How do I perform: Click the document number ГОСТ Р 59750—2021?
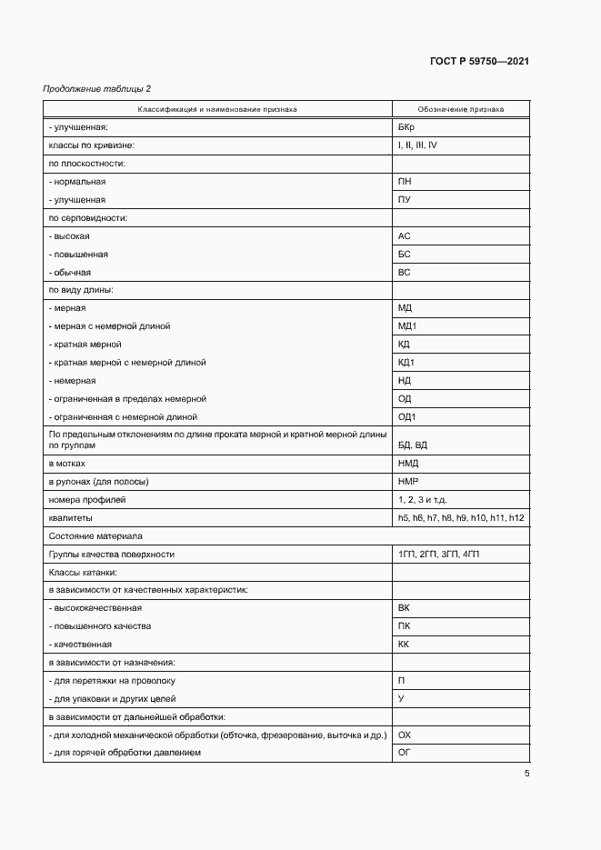pyautogui.click(x=479, y=62)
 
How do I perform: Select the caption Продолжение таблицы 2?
pyautogui.click(x=97, y=88)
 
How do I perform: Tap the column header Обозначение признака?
pyautogui.click(x=461, y=109)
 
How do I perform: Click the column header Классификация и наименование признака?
pyautogui.click(x=217, y=109)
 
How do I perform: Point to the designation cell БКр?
pyautogui.click(x=406, y=127)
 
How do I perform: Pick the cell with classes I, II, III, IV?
pyautogui.click(x=417, y=145)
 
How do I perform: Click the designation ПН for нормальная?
pyautogui.click(x=405, y=182)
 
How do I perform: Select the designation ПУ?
pyautogui.click(x=405, y=200)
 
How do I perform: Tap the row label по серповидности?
pyautogui.click(x=87, y=218)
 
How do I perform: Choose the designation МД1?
pyautogui.click(x=407, y=325)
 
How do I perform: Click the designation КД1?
pyautogui.click(x=406, y=362)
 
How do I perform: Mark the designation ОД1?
pyautogui.click(x=407, y=416)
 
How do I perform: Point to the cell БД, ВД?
pyautogui.click(x=413, y=445)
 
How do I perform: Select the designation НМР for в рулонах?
pyautogui.click(x=408, y=481)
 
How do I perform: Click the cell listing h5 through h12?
pyautogui.click(x=461, y=517)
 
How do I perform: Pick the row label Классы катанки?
pyautogui.click(x=82, y=572)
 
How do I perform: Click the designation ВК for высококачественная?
pyautogui.click(x=405, y=607)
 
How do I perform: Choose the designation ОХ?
pyautogui.click(x=405, y=735)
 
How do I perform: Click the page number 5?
pyautogui.click(x=526, y=774)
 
